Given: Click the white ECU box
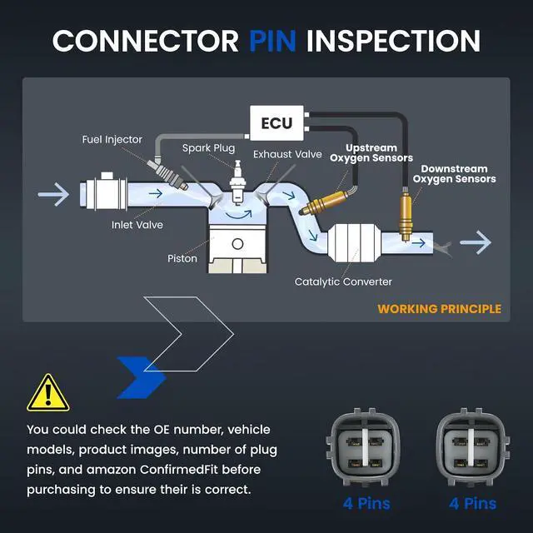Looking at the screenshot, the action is click(x=276, y=123).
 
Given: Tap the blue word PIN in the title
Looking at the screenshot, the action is click(x=272, y=41).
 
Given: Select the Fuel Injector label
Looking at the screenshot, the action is click(x=112, y=139).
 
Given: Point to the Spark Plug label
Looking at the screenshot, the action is click(x=208, y=148).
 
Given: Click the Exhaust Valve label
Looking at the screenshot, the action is click(x=287, y=154).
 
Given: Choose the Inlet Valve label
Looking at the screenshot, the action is click(x=137, y=225).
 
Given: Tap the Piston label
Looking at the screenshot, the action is click(x=182, y=258).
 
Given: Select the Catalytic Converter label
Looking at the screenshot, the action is click(x=343, y=281).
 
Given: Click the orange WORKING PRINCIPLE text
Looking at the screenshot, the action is click(x=439, y=309).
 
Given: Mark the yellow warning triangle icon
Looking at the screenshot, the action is click(x=48, y=393).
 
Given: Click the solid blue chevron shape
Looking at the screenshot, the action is click(x=141, y=377).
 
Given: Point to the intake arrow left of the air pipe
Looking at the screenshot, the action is click(x=53, y=194).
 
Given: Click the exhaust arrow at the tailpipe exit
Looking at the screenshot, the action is click(x=476, y=242).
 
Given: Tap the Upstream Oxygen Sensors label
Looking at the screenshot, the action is click(x=371, y=153).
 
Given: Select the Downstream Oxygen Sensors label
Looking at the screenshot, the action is click(x=454, y=174).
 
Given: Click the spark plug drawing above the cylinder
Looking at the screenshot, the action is click(x=237, y=182).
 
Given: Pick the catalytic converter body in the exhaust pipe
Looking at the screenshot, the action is click(x=354, y=242).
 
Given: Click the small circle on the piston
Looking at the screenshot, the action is click(x=237, y=244).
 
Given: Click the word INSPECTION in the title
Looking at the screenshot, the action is click(x=393, y=41).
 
